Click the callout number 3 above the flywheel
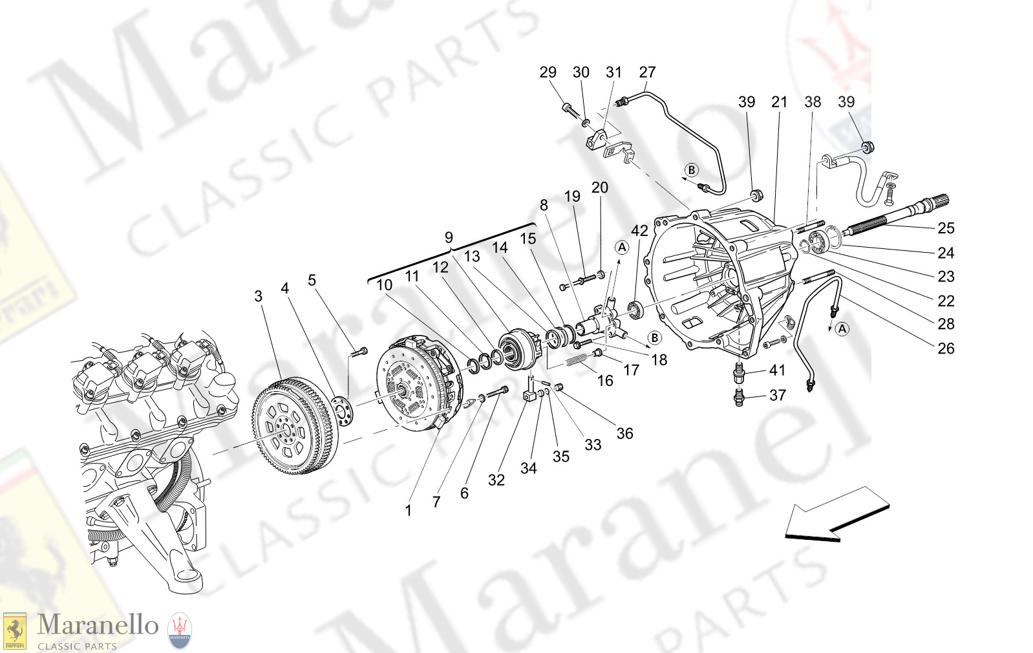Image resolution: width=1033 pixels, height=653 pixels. tap(259, 296)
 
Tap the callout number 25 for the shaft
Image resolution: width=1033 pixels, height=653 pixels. tap(946, 228)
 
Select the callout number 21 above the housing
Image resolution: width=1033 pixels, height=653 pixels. tap(780, 102)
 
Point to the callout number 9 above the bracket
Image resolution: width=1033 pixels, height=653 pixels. tap(449, 237)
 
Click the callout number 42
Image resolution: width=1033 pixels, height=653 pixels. tap(639, 231)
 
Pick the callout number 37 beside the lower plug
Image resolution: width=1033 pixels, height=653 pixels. tap(778, 395)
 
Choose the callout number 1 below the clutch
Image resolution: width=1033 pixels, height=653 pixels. tap(408, 511)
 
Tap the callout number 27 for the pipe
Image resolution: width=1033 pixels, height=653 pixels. tap(647, 72)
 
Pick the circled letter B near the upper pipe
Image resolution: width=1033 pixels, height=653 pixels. tap(692, 170)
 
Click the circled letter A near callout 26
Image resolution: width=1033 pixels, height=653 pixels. tap(842, 329)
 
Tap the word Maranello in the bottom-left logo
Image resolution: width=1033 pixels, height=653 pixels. tap(98, 625)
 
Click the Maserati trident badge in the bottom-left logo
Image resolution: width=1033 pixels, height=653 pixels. tap(180, 630)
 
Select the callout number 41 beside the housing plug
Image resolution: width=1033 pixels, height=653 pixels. tap(777, 370)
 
